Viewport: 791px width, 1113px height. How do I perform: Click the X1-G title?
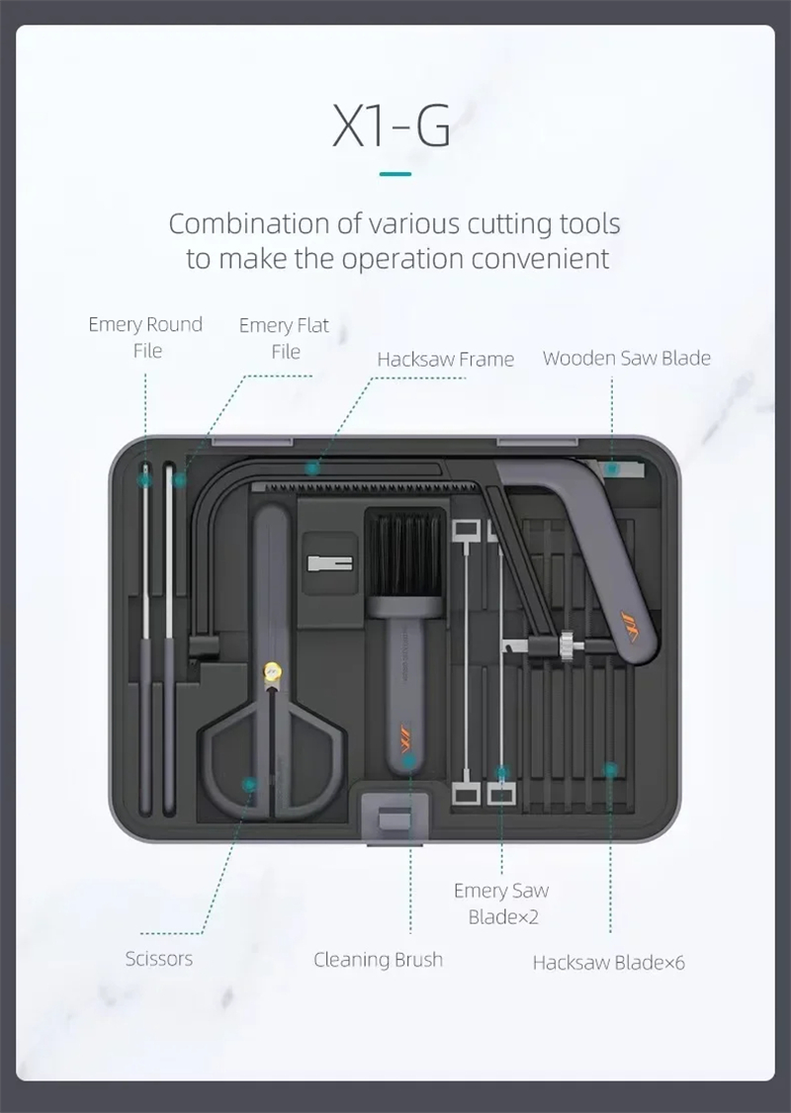392,127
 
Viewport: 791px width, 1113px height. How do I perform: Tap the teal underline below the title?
395,173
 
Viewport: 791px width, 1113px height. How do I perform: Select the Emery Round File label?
145,337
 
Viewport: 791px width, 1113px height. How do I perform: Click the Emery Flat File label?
284,338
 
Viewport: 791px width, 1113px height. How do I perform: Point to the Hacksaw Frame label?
445,359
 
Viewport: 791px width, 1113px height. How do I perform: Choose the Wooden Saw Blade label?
626,358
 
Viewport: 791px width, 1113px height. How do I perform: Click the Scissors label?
159,959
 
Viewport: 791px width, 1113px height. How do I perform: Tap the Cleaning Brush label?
378,960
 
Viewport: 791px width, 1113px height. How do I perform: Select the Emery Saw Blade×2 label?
501,903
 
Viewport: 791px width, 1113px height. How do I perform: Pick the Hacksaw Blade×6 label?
608,963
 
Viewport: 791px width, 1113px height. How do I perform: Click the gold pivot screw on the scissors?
272,670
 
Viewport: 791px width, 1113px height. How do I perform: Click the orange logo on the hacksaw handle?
629,626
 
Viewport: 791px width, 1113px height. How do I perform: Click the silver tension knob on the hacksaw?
567,645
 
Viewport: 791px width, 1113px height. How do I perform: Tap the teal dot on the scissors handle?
249,785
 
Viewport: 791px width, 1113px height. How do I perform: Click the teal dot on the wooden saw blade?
612,469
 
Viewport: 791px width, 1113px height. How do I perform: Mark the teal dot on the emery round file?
144,479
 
